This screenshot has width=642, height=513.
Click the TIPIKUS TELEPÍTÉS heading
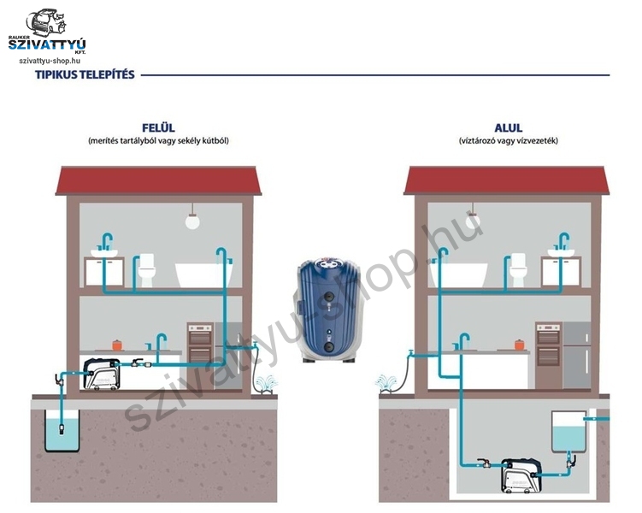[85, 75]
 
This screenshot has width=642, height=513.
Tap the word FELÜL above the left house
[158, 127]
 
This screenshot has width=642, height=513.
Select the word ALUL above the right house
[508, 127]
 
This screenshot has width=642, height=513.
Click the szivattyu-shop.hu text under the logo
[50, 61]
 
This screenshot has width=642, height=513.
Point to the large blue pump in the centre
[330, 310]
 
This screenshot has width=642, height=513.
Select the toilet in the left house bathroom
[146, 270]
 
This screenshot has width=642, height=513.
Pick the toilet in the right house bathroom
[517, 270]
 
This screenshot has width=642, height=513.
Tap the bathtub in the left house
[203, 274]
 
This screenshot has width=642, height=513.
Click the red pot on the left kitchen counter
[117, 345]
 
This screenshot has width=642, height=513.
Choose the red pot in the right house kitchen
[519, 345]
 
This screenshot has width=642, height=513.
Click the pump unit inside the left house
[102, 374]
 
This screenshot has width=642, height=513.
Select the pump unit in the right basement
[521, 475]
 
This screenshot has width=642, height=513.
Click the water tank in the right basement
[569, 432]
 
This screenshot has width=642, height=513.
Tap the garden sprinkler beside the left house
[267, 384]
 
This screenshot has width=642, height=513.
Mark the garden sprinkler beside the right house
[386, 384]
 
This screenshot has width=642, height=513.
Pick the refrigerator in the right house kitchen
[577, 355]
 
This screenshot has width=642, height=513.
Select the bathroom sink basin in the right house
[561, 253]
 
